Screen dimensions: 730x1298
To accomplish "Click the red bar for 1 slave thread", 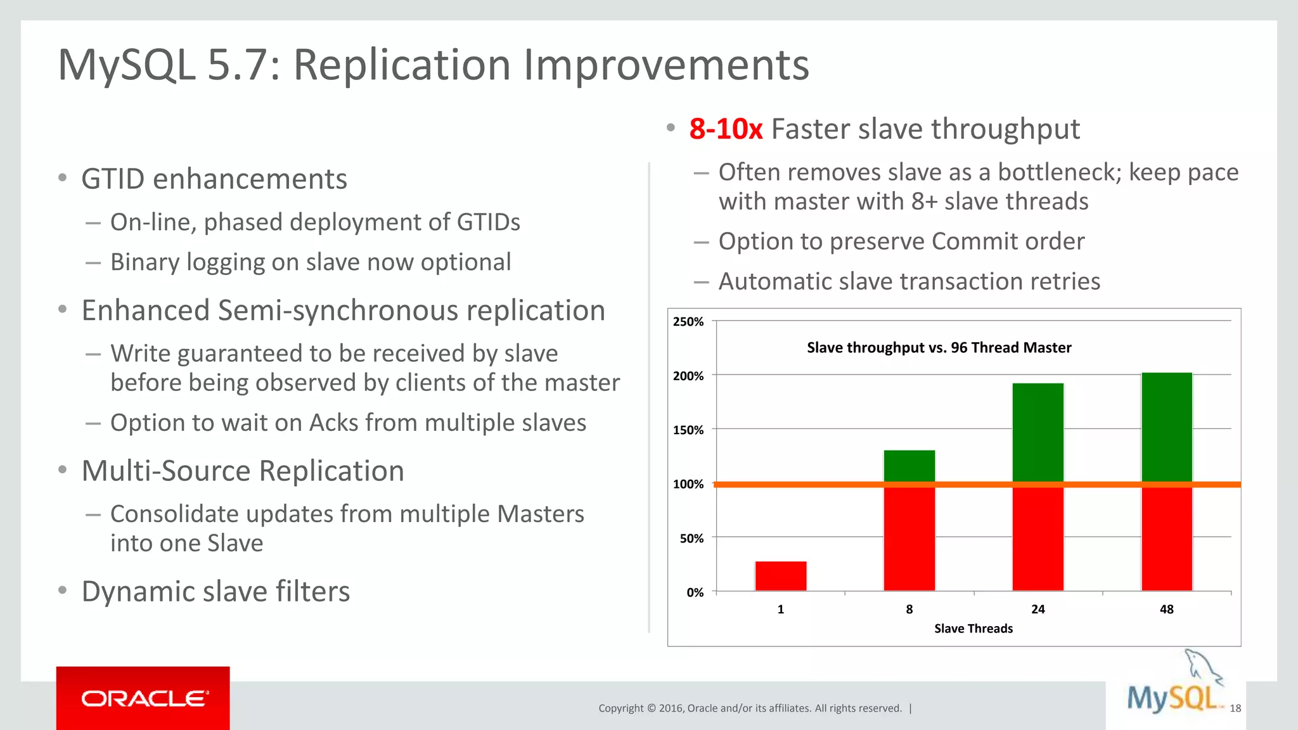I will click(781, 576).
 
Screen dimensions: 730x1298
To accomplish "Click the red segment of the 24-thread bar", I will click(1038, 539).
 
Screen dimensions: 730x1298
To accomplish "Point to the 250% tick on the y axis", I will click(688, 322).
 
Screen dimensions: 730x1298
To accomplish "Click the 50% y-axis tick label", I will click(691, 539).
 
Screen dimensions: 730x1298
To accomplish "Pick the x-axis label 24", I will click(1038, 609).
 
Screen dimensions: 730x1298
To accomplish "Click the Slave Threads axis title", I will click(973, 629).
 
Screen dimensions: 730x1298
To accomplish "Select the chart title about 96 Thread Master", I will click(939, 347).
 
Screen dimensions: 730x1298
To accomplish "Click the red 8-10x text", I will click(726, 129).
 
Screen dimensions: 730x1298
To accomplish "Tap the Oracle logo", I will click(143, 698).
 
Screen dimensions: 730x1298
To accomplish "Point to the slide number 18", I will click(1235, 708).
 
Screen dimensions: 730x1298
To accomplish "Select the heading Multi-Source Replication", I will click(243, 471).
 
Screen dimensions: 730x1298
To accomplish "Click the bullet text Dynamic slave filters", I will click(215, 591).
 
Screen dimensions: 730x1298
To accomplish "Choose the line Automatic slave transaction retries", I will click(909, 281).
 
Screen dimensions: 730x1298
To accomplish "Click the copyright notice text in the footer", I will click(750, 708).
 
